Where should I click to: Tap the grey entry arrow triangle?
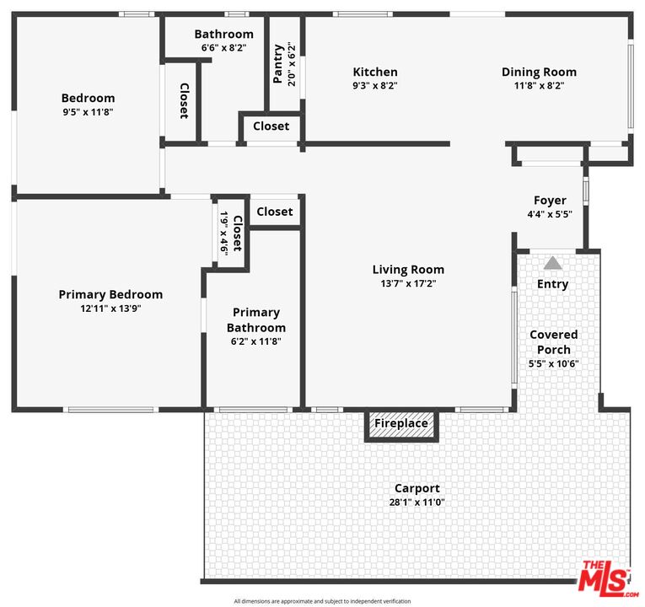coord(552,263)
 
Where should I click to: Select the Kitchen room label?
coord(375,73)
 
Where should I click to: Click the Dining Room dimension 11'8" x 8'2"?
coord(539,85)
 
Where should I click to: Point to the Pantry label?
coord(278,63)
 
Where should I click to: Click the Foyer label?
coord(550,201)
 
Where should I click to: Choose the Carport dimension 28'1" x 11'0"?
coord(417,502)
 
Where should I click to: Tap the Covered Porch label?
coord(553,342)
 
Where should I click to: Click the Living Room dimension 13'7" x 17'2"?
coord(408,283)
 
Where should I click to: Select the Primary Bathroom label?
coord(256,320)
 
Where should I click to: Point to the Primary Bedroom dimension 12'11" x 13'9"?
coord(110,309)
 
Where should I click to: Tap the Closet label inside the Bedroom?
coord(183,100)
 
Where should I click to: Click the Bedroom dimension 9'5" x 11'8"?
coord(88,111)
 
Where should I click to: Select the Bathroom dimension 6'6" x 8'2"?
coord(223,48)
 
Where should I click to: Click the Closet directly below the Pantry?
coord(271,126)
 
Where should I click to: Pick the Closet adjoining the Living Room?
coord(274,212)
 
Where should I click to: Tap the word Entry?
coord(552,284)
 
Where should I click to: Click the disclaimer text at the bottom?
coord(322,601)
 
